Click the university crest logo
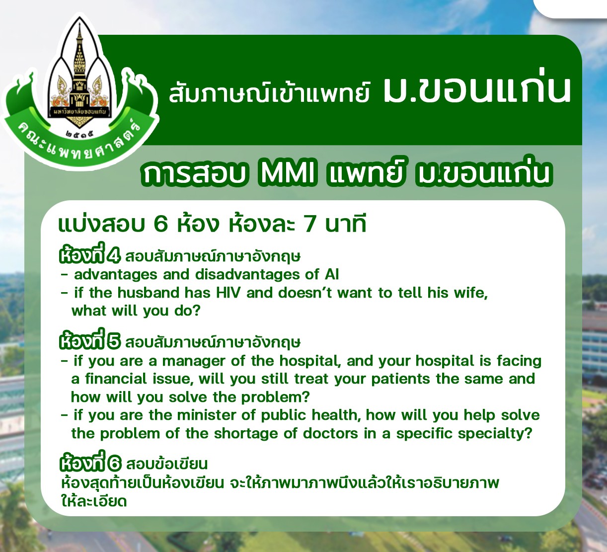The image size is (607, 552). [79, 91]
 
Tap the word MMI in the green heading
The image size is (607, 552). [287, 174]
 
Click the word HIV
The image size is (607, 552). [228, 293]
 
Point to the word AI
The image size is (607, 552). [332, 275]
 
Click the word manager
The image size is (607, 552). [194, 361]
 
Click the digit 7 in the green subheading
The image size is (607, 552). [309, 225]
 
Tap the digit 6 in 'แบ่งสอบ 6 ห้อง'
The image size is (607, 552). [160, 225]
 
